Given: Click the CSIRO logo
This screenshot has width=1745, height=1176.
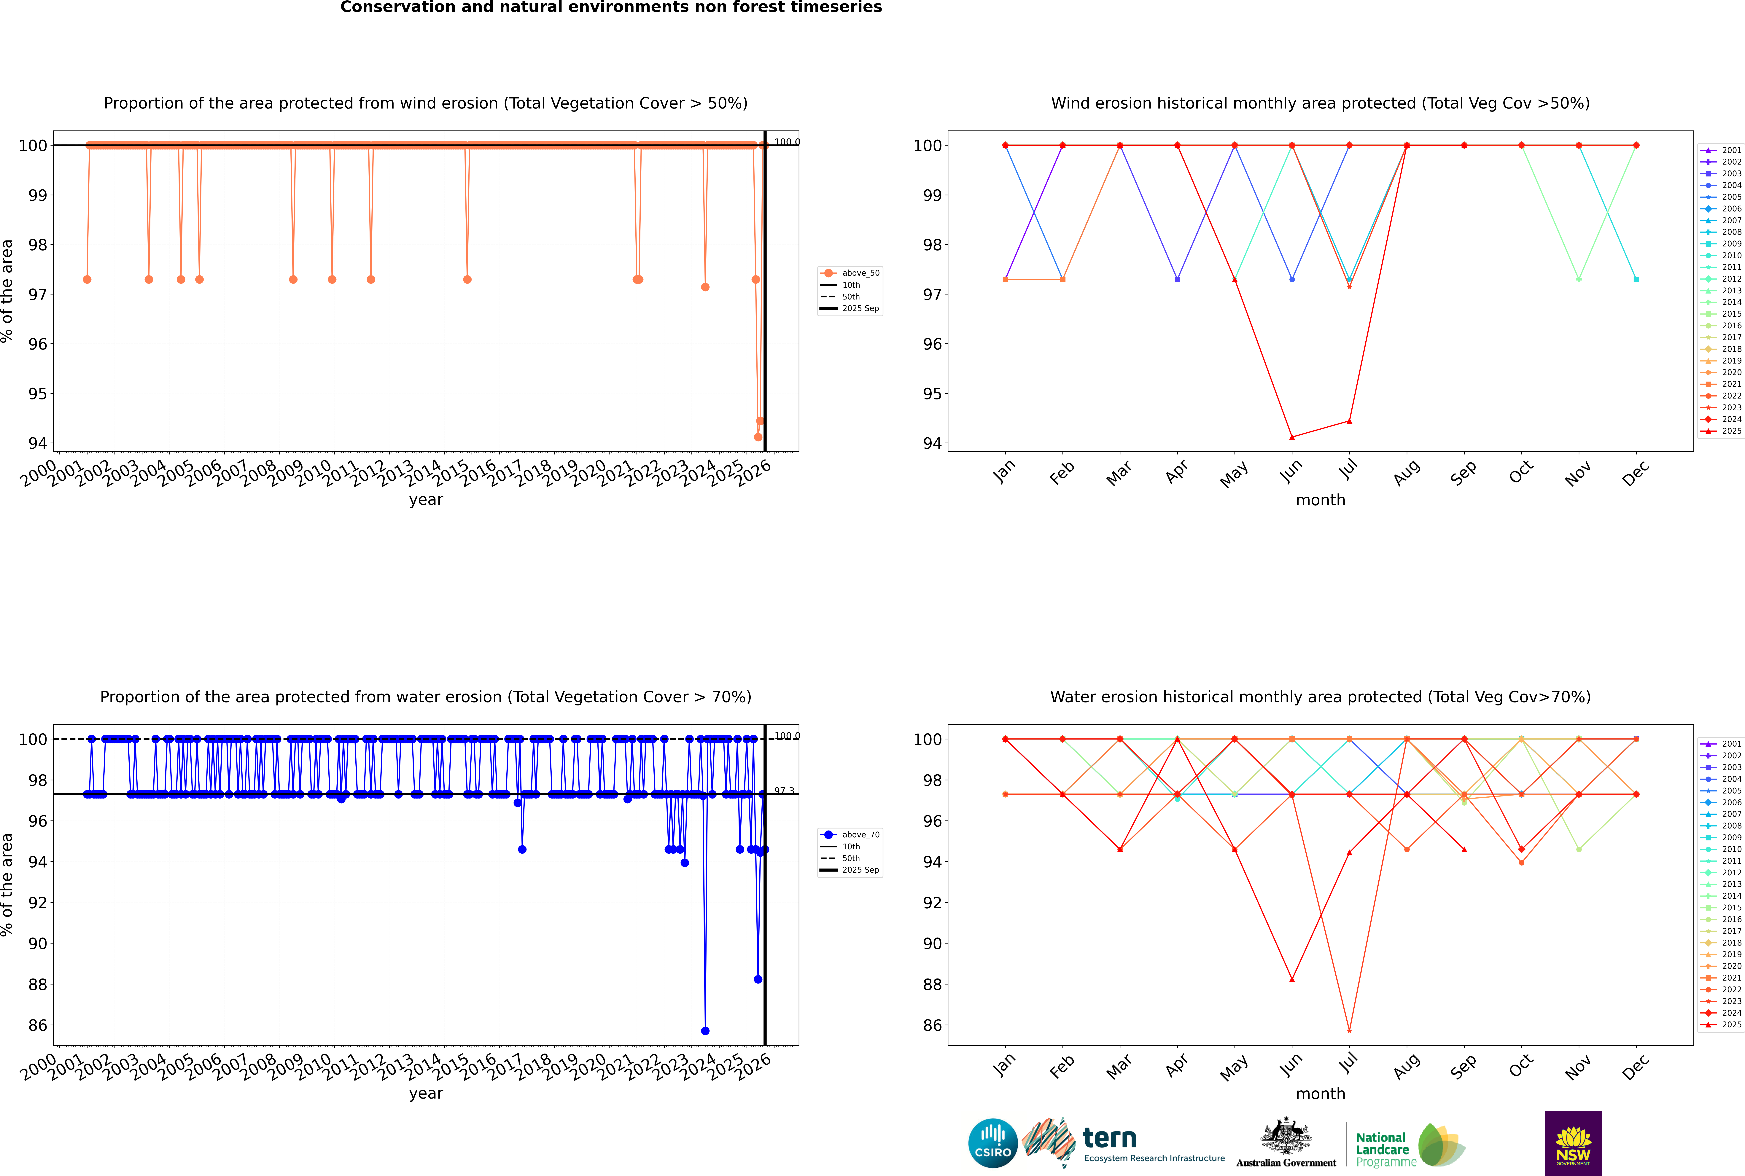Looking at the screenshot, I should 992,1143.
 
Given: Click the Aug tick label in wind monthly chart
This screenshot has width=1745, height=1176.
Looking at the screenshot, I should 1407,472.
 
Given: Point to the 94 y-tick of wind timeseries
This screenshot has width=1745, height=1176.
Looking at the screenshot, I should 37,443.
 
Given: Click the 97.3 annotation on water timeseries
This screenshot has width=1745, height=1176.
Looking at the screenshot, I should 784,791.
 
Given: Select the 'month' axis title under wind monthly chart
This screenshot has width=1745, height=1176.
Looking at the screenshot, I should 1320,500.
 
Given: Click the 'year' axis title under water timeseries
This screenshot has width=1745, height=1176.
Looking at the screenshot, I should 426,1094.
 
